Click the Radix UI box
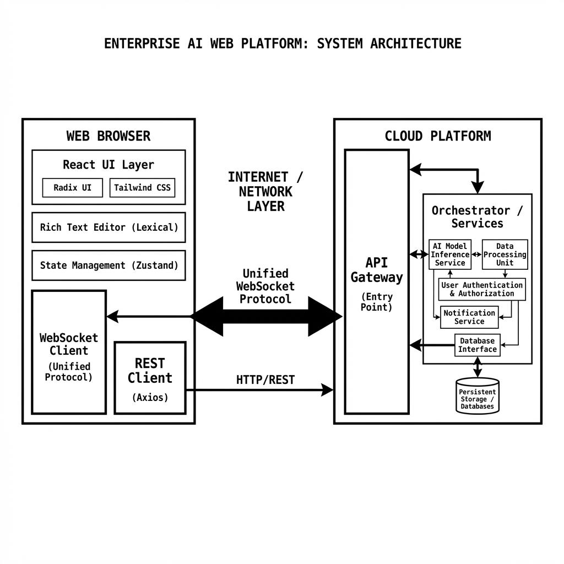pyautogui.click(x=73, y=188)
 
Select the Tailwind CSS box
pyautogui.click(x=142, y=188)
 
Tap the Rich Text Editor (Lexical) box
pyautogui.click(x=109, y=227)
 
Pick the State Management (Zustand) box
pyautogui.click(x=109, y=265)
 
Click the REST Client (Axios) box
pyautogui.click(x=150, y=378)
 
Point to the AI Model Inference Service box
pyautogui.click(x=450, y=254)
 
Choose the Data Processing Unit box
pyautogui.click(x=505, y=254)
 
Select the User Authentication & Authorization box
pyautogui.click(x=482, y=289)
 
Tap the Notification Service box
pyautogui.click(x=469, y=317)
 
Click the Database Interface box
pyautogui.click(x=478, y=345)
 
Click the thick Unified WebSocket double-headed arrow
pyautogui.click(x=265, y=317)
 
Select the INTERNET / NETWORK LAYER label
pyautogui.click(x=265, y=192)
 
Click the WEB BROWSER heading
pyautogui.click(x=109, y=136)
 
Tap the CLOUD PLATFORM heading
pyautogui.click(x=437, y=136)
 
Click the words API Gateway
pyautogui.click(x=377, y=270)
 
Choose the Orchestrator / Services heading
pyautogui.click(x=477, y=217)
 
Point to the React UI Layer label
pyautogui.click(x=109, y=165)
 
